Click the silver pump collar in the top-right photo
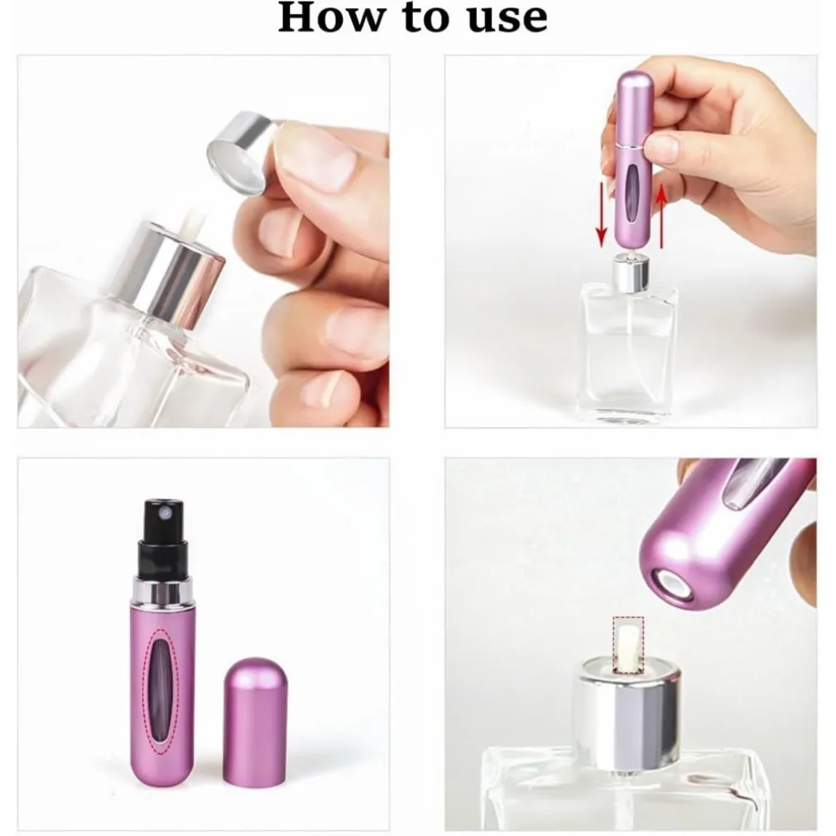click(x=630, y=273)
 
